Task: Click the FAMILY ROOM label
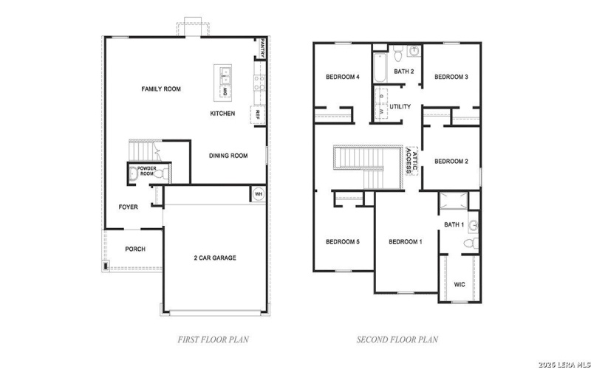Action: pos(161,89)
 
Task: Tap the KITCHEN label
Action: pos(222,114)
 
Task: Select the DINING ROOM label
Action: pos(228,156)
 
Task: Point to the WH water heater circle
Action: pos(259,194)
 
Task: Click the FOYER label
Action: pos(129,207)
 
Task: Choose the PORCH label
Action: pos(134,249)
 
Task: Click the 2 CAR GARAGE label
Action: pos(215,258)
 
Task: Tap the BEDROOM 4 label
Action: pos(342,77)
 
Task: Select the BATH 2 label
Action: pos(403,72)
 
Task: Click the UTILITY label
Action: pos(400,107)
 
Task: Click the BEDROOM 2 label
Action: pos(451,161)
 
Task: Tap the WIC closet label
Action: pos(459,283)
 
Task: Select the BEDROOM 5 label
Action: pos(342,242)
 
